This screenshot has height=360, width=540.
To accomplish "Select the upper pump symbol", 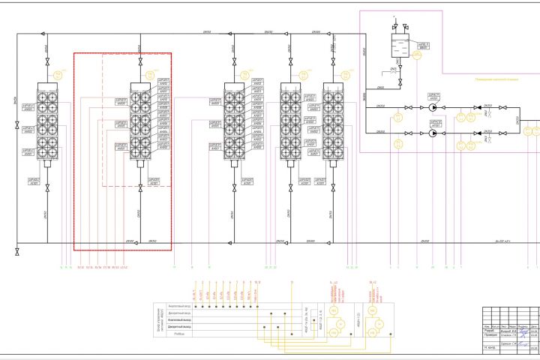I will click(433, 107).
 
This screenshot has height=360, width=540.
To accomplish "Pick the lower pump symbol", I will click(433, 133).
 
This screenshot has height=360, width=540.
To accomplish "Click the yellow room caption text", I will click(491, 78).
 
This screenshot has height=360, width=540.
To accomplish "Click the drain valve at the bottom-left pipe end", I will click(17, 252).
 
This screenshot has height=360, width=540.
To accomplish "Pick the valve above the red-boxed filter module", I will click(140, 64).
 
